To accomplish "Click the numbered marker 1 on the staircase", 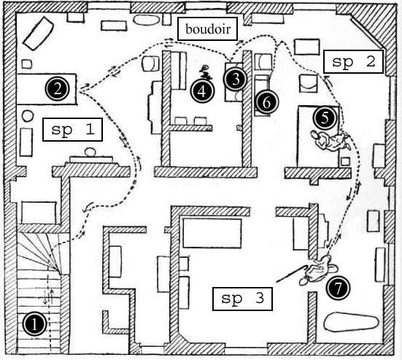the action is point(34,324).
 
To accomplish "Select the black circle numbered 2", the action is point(58,89).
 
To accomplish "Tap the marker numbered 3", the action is point(235,80).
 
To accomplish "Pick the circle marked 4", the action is point(203,91).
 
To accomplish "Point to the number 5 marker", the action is point(325,118).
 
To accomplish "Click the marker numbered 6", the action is point(266,103).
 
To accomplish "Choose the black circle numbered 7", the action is point(339,288).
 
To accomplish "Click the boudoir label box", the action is point(207,29).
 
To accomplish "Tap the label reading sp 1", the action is point(73,129).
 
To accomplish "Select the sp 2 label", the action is point(354,61).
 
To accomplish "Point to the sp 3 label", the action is point(242,299).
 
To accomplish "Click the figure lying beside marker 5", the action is point(331,140).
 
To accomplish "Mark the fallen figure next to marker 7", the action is point(318,269).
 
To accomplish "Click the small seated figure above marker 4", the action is point(205,72).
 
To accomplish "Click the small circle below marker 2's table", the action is point(28,115).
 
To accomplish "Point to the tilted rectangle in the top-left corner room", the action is point(39,33).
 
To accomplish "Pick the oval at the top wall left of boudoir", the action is point(147,20).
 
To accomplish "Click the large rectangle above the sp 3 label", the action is point(212,233).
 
